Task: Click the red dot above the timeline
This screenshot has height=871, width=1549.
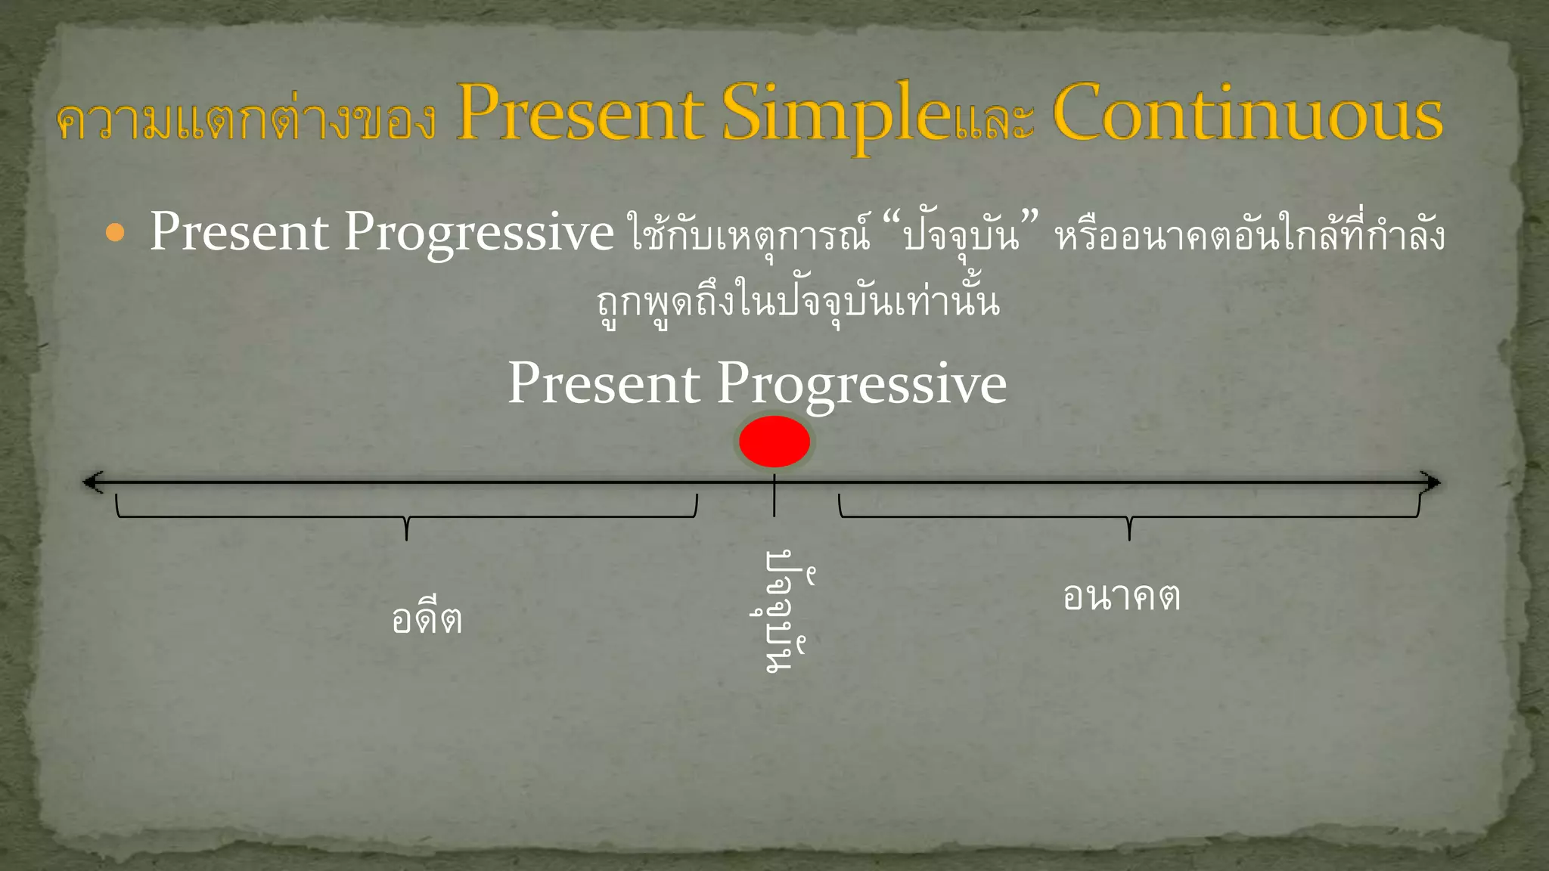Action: click(774, 442)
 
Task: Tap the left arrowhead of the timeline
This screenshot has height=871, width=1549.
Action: click(93, 482)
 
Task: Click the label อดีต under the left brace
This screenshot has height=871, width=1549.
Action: click(427, 618)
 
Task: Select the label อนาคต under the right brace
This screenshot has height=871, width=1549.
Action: click(1121, 596)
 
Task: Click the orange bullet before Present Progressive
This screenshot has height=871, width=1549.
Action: click(115, 233)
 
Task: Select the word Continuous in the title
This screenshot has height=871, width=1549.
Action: click(1248, 115)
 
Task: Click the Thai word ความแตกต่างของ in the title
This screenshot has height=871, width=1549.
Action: click(247, 121)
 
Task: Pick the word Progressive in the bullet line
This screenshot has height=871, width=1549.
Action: click(479, 233)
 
